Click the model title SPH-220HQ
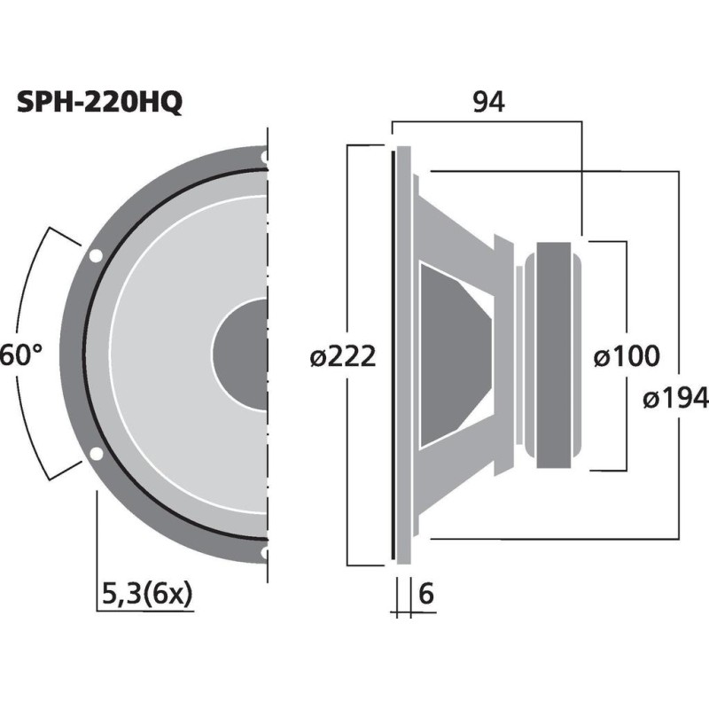click(100, 103)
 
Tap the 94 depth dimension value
click(487, 103)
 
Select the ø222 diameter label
click(344, 357)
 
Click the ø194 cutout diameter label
click(675, 399)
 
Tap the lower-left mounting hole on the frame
click(95, 455)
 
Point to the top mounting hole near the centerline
click(264, 158)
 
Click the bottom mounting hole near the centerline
click(264, 553)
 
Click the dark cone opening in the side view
click(452, 354)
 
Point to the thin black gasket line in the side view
click(392, 354)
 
